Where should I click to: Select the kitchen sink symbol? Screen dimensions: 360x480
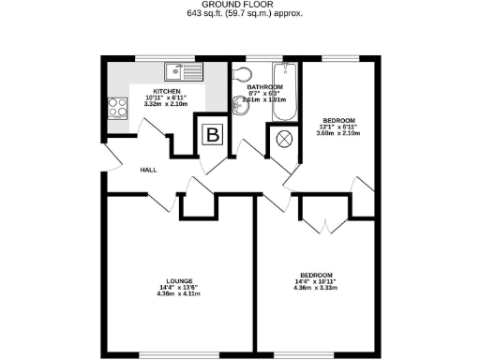click(184, 71)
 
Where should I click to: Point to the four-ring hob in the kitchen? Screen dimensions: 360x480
click(118, 108)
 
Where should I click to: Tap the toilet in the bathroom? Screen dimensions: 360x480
click(243, 75)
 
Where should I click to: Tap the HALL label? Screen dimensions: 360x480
click(148, 171)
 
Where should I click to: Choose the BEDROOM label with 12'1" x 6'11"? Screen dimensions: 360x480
click(338, 121)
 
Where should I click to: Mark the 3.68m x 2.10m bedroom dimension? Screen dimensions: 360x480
click(338, 134)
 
